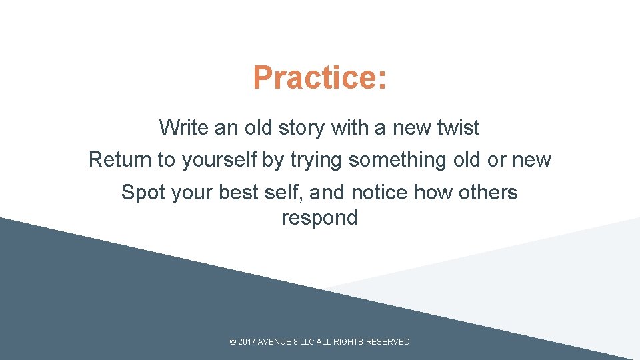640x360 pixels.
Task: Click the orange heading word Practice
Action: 315,77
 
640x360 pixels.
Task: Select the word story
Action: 299,127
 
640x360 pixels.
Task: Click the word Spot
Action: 143,193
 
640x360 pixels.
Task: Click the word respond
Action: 319,218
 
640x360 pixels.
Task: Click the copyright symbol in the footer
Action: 233,342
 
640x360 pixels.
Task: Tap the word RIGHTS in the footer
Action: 348,342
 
